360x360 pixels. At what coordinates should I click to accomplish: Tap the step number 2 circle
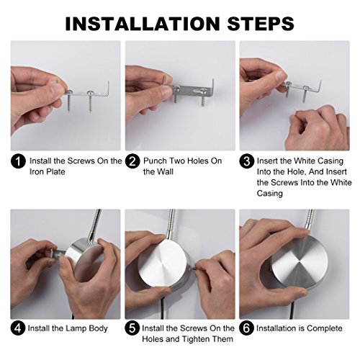click(x=132, y=161)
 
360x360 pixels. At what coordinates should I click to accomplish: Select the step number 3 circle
click(x=246, y=161)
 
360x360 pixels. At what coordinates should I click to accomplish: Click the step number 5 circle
click(x=132, y=328)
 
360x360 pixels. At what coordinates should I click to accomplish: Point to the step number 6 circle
click(x=246, y=328)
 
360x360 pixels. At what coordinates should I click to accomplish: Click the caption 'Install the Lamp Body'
click(x=68, y=328)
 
